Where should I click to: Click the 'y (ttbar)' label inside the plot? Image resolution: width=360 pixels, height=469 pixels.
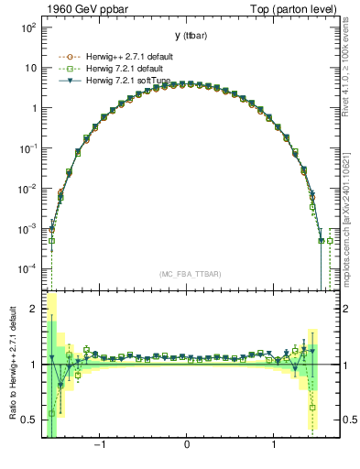point(187,36)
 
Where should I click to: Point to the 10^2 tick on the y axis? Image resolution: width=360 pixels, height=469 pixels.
point(27,27)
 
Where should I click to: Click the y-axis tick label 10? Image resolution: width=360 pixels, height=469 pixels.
point(29,68)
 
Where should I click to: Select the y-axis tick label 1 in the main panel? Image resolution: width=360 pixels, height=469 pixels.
point(33,108)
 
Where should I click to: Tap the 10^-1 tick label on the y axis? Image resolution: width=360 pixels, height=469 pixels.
point(27,147)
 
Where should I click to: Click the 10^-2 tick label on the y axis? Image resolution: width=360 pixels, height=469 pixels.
point(27,188)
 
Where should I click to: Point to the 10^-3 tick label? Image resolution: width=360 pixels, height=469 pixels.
point(27,228)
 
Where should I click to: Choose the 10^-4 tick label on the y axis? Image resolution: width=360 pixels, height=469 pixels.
point(27,268)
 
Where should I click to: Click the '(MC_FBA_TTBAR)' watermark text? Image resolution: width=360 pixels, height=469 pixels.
point(187,274)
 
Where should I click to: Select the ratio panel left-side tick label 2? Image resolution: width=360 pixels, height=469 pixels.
point(33,310)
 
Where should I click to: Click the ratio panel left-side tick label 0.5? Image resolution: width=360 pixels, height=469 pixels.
point(29,420)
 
